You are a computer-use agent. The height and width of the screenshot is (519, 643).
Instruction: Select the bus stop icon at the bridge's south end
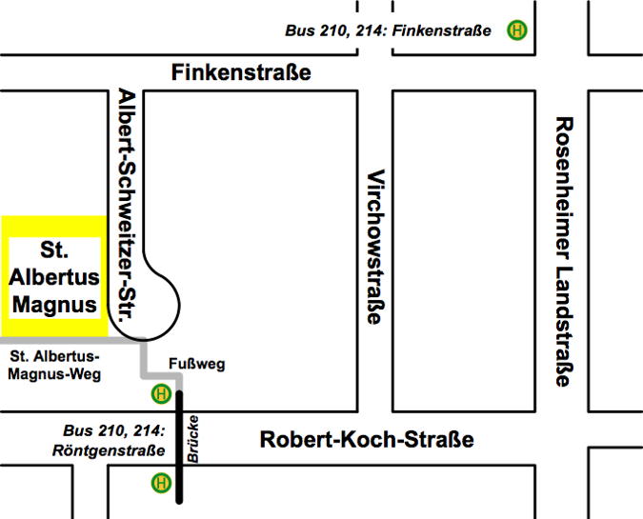tap(162, 483)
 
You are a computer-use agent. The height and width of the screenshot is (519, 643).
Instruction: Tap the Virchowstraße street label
tap(376, 247)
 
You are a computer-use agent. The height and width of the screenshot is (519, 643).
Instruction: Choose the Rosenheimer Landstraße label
tap(563, 251)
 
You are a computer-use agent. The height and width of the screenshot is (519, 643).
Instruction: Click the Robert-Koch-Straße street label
tap(367, 441)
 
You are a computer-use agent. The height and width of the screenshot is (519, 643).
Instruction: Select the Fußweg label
tap(195, 364)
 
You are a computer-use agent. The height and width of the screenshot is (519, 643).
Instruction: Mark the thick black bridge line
tap(177, 448)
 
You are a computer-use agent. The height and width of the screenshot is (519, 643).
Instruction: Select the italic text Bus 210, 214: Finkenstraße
tap(388, 30)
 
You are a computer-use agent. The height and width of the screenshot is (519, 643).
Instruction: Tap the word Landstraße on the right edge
tap(563, 324)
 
